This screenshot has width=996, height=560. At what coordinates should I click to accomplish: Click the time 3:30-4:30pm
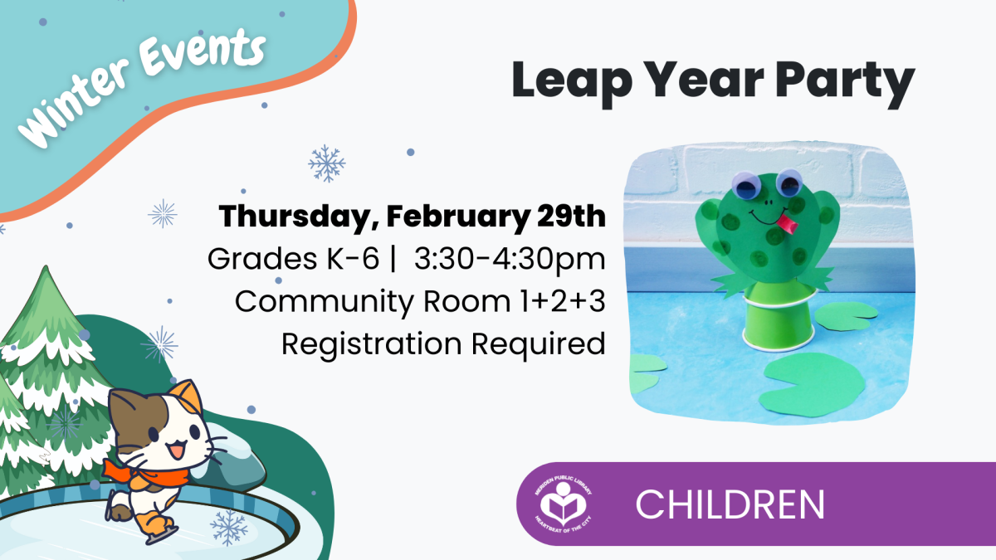(x=510, y=259)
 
